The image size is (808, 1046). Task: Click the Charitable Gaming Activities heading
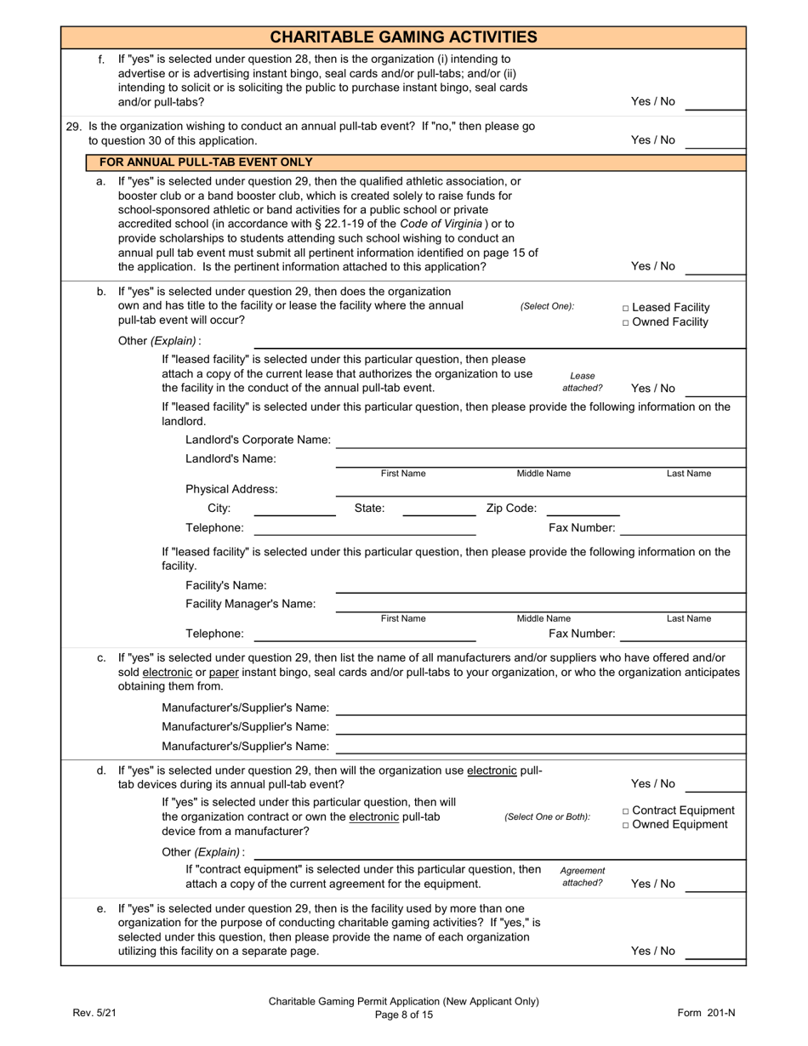point(403,37)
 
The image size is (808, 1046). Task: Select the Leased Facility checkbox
point(626,308)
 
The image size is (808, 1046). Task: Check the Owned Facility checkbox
point(626,322)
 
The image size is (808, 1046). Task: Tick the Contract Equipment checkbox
point(626,810)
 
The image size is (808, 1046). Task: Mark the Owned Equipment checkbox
point(626,825)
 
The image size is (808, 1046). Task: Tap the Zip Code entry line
point(582,514)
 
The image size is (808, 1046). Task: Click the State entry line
point(439,514)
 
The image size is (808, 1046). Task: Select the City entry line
point(294,514)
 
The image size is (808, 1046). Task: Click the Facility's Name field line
point(540,592)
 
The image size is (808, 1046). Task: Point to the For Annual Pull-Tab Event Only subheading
point(206,162)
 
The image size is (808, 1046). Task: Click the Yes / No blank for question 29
point(714,146)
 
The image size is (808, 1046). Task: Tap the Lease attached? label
point(583,382)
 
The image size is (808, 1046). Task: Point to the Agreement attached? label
point(583,877)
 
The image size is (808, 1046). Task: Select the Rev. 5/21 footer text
point(94,1013)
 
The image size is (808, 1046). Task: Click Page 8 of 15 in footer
point(404,1015)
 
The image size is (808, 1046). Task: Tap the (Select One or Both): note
point(547,817)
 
